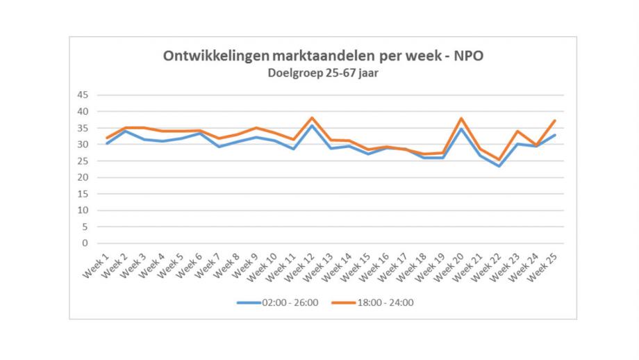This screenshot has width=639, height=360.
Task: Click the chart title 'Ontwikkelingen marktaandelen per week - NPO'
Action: (x=322, y=56)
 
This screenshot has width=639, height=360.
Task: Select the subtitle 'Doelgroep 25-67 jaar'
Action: (x=322, y=72)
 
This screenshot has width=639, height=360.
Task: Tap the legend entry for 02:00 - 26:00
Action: (x=278, y=302)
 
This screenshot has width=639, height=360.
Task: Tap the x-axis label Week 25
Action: (x=544, y=266)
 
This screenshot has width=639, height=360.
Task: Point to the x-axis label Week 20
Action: (x=450, y=266)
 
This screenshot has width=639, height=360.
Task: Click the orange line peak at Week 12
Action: (x=313, y=117)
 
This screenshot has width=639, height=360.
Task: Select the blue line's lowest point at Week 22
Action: (x=499, y=166)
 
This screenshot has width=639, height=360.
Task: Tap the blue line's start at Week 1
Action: (x=108, y=143)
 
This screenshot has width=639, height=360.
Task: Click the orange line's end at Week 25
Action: (x=555, y=120)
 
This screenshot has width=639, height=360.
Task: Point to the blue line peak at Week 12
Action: (x=313, y=125)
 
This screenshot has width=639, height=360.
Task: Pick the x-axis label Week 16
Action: (x=375, y=266)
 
